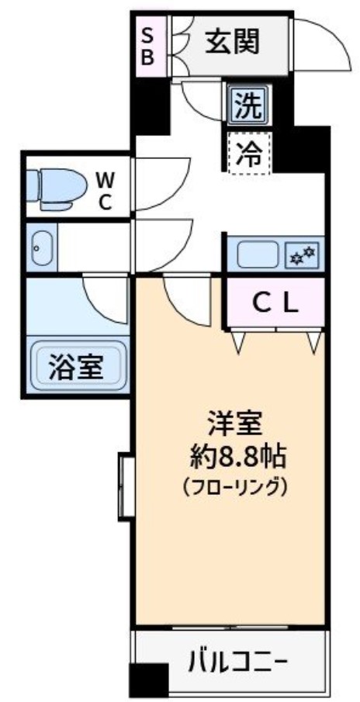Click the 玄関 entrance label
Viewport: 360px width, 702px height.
233,43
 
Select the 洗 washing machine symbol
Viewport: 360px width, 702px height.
247,104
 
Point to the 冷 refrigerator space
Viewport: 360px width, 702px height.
249,153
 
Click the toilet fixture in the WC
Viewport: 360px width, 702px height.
57,189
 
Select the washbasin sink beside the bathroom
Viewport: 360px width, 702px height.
42,247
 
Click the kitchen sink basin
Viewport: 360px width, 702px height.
258,254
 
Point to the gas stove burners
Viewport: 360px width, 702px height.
303,256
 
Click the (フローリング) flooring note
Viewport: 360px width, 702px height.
235,486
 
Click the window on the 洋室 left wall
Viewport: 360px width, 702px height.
126,486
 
